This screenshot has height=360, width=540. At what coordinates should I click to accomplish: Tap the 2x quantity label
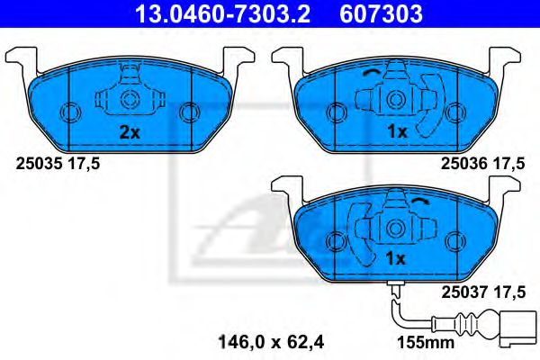(129, 131)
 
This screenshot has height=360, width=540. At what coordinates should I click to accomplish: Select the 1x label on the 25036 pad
(398, 131)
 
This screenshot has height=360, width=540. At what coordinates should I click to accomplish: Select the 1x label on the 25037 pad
(398, 258)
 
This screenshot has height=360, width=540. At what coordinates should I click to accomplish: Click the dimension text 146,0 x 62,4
(270, 341)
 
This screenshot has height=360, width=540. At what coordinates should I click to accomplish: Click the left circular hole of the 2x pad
(69, 112)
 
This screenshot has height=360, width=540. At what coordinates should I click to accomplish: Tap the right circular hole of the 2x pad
(188, 112)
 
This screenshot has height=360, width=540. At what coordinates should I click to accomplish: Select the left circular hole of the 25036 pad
(337, 112)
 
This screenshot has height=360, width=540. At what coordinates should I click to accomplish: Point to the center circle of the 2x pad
(129, 99)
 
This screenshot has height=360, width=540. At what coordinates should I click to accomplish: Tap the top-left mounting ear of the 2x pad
(22, 56)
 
